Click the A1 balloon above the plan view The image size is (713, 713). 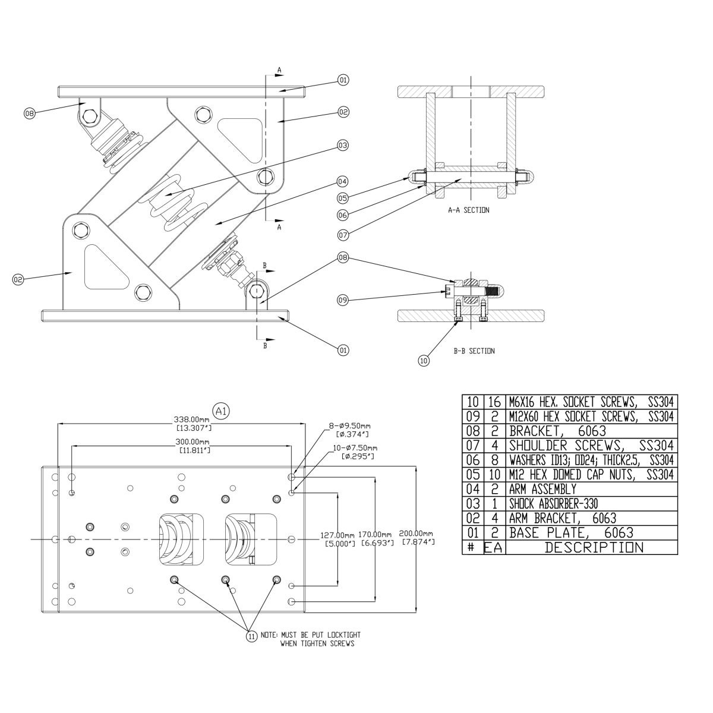(x=221, y=411)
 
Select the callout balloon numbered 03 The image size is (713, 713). (x=343, y=145)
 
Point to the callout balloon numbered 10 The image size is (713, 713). (x=424, y=360)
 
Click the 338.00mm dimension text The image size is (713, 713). (x=192, y=419)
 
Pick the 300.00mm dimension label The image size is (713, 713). (x=192, y=441)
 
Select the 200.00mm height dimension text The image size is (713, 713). (x=416, y=533)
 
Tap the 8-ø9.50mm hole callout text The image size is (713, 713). (x=349, y=426)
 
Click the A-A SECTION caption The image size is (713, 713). (x=468, y=210)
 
